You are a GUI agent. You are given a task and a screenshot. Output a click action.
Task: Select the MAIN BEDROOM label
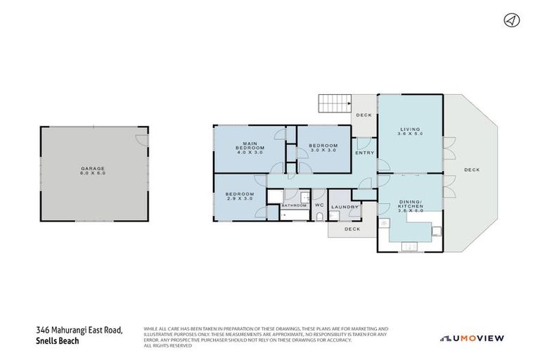(249, 148)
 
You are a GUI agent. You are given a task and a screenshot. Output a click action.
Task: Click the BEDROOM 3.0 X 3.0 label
(324, 148)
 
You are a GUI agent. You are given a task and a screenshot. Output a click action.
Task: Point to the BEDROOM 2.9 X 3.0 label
(239, 196)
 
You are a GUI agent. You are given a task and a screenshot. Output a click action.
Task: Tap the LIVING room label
(410, 132)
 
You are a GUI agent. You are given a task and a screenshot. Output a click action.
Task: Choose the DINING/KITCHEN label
(410, 204)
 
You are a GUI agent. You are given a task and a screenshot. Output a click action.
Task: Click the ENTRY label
(365, 153)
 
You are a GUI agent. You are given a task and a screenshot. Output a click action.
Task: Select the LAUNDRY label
(345, 207)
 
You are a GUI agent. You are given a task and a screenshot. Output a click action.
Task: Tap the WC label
(319, 205)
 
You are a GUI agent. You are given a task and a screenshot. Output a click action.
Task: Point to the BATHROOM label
(294, 205)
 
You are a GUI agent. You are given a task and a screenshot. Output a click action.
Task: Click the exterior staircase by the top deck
(334, 103)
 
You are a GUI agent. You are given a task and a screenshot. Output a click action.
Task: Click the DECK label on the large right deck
(471, 169)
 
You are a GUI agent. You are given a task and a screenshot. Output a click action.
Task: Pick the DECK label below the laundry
(352, 229)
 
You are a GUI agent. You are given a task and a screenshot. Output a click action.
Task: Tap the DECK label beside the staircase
(364, 115)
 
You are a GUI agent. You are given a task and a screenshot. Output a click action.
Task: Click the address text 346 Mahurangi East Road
(79, 330)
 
